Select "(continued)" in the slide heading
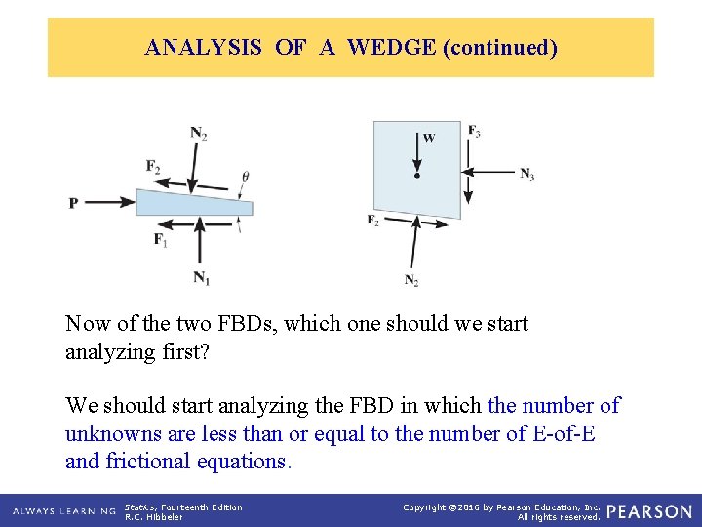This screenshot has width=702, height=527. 499,47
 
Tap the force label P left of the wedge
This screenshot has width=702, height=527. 73,203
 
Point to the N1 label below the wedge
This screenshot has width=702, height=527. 201,279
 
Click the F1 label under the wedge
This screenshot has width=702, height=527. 160,239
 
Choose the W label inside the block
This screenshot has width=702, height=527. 429,139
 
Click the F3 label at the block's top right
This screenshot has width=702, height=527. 474,132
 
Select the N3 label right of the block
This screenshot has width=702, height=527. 526,174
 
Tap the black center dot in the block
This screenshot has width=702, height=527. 417,176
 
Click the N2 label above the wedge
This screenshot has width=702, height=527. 198,134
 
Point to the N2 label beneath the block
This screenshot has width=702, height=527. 411,281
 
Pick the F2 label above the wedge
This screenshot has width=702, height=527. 153,167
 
